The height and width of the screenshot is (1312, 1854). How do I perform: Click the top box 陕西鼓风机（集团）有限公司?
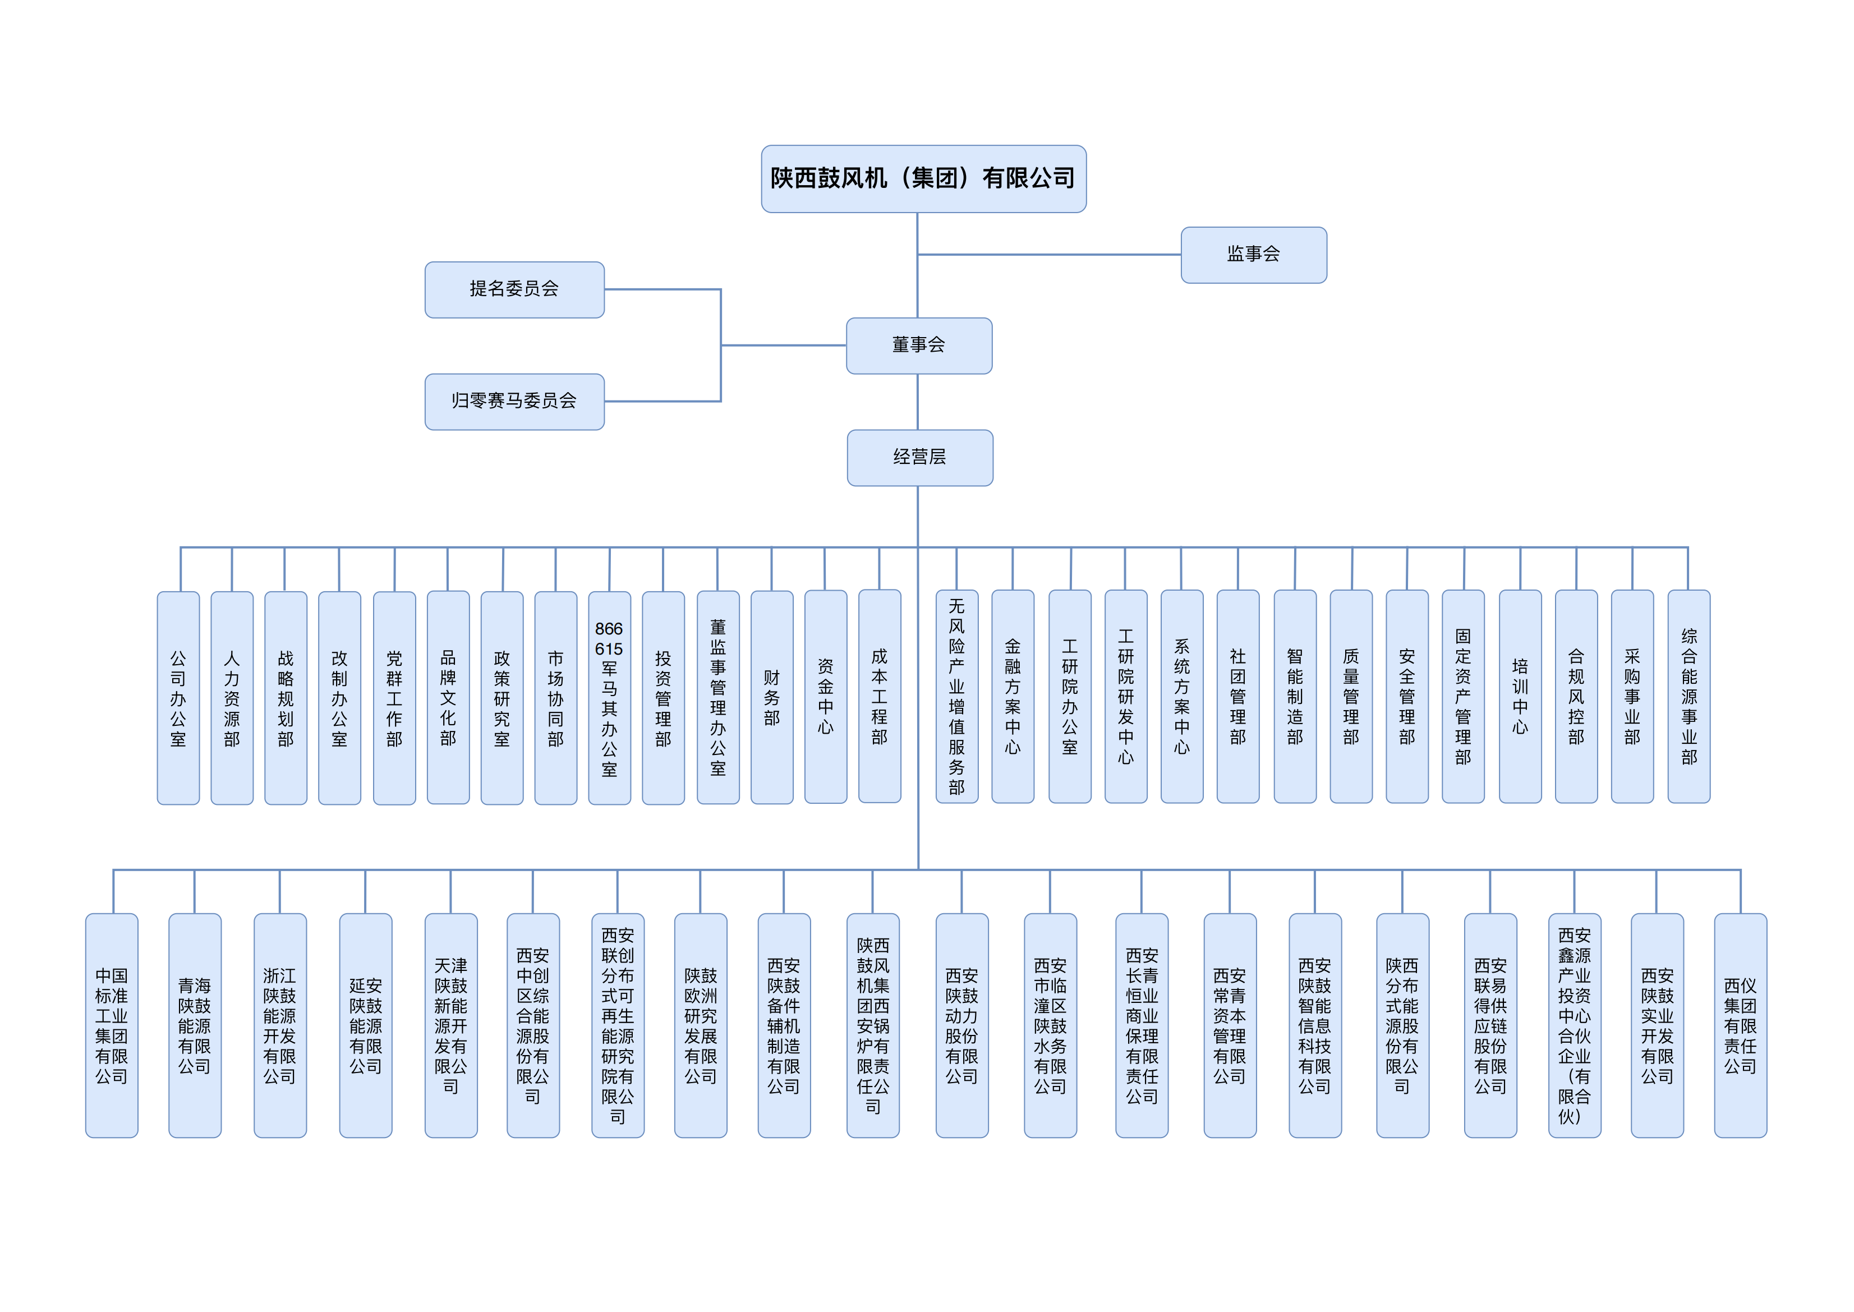(x=923, y=178)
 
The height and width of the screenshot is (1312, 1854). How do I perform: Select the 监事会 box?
(x=1254, y=255)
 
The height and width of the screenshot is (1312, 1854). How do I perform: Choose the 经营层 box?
(x=920, y=457)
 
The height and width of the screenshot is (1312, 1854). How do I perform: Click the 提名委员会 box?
(x=514, y=289)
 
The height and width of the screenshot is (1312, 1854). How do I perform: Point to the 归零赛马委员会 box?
(x=514, y=402)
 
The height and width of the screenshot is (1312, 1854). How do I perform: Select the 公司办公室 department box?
(x=178, y=698)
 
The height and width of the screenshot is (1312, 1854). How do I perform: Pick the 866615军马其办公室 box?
(x=609, y=698)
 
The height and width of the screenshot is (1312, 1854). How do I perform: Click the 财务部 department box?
(x=771, y=697)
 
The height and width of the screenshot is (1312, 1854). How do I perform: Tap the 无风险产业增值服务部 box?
(x=956, y=697)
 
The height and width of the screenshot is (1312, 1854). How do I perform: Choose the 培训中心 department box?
(x=1520, y=697)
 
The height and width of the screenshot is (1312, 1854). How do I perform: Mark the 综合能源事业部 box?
(x=1689, y=697)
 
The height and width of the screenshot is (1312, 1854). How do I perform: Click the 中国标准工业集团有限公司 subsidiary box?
(x=112, y=1025)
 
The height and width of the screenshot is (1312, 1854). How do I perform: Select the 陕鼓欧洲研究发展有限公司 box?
(x=701, y=1025)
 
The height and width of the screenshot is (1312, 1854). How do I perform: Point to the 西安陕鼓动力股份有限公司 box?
(x=962, y=1025)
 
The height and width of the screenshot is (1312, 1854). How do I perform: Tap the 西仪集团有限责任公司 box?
(x=1740, y=1025)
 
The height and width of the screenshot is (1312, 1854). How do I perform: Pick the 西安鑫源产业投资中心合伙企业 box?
(x=1575, y=1025)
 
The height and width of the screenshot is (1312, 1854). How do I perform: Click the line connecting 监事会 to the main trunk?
(x=1050, y=255)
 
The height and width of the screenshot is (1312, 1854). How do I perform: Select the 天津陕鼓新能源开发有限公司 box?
(x=451, y=1025)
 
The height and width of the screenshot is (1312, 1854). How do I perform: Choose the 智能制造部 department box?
(x=1295, y=697)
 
